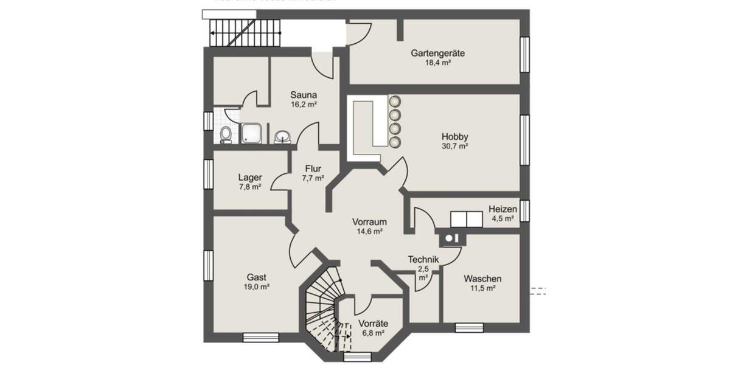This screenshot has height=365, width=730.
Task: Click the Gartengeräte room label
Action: pyautogui.click(x=437, y=53)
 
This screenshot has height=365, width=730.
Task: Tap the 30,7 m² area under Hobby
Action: pyautogui.click(x=454, y=146)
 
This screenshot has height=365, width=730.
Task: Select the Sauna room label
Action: pyautogui.click(x=304, y=95)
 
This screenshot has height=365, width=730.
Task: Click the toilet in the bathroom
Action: pyautogui.click(x=226, y=134)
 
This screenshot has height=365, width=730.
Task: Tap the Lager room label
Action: pyautogui.click(x=250, y=178)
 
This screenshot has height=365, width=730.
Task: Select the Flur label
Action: pyautogui.click(x=313, y=169)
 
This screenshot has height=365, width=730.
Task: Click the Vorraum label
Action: pyautogui.click(x=369, y=222)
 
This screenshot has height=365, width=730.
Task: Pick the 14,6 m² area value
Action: pyautogui.click(x=369, y=232)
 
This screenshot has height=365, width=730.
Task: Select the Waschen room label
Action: pyautogui.click(x=482, y=279)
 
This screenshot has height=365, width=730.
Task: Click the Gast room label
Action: pyautogui.click(x=257, y=276)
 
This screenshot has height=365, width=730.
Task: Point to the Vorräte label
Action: pyautogui.click(x=373, y=324)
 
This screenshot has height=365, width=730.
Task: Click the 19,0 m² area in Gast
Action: pyautogui.click(x=257, y=286)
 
